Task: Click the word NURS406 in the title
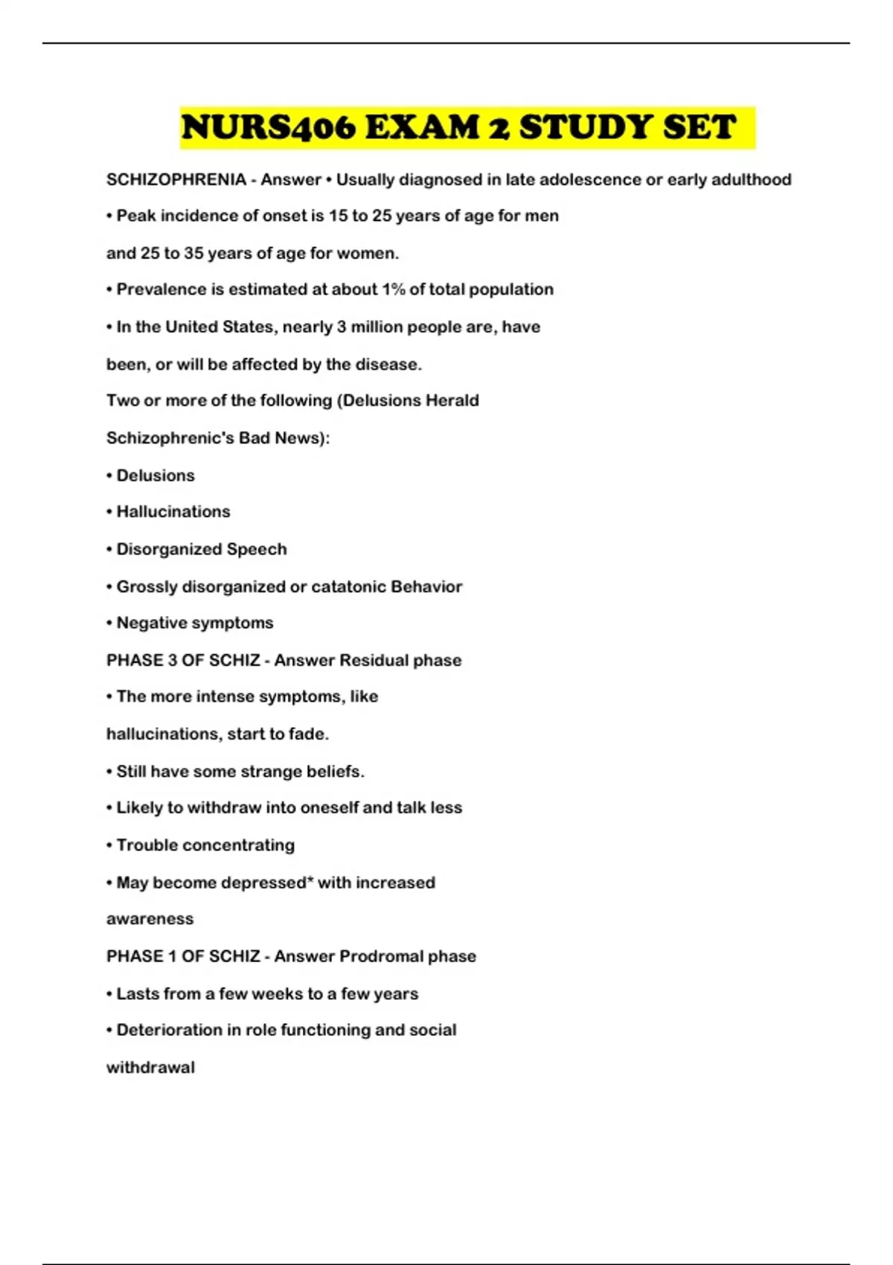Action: click(x=269, y=127)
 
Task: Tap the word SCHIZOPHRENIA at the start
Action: click(x=176, y=179)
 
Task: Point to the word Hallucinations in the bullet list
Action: click(x=173, y=512)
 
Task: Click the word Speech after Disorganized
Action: click(x=257, y=549)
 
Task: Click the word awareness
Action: click(x=150, y=919)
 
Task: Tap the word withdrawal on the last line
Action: click(x=150, y=1067)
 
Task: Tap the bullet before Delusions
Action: click(x=110, y=475)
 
